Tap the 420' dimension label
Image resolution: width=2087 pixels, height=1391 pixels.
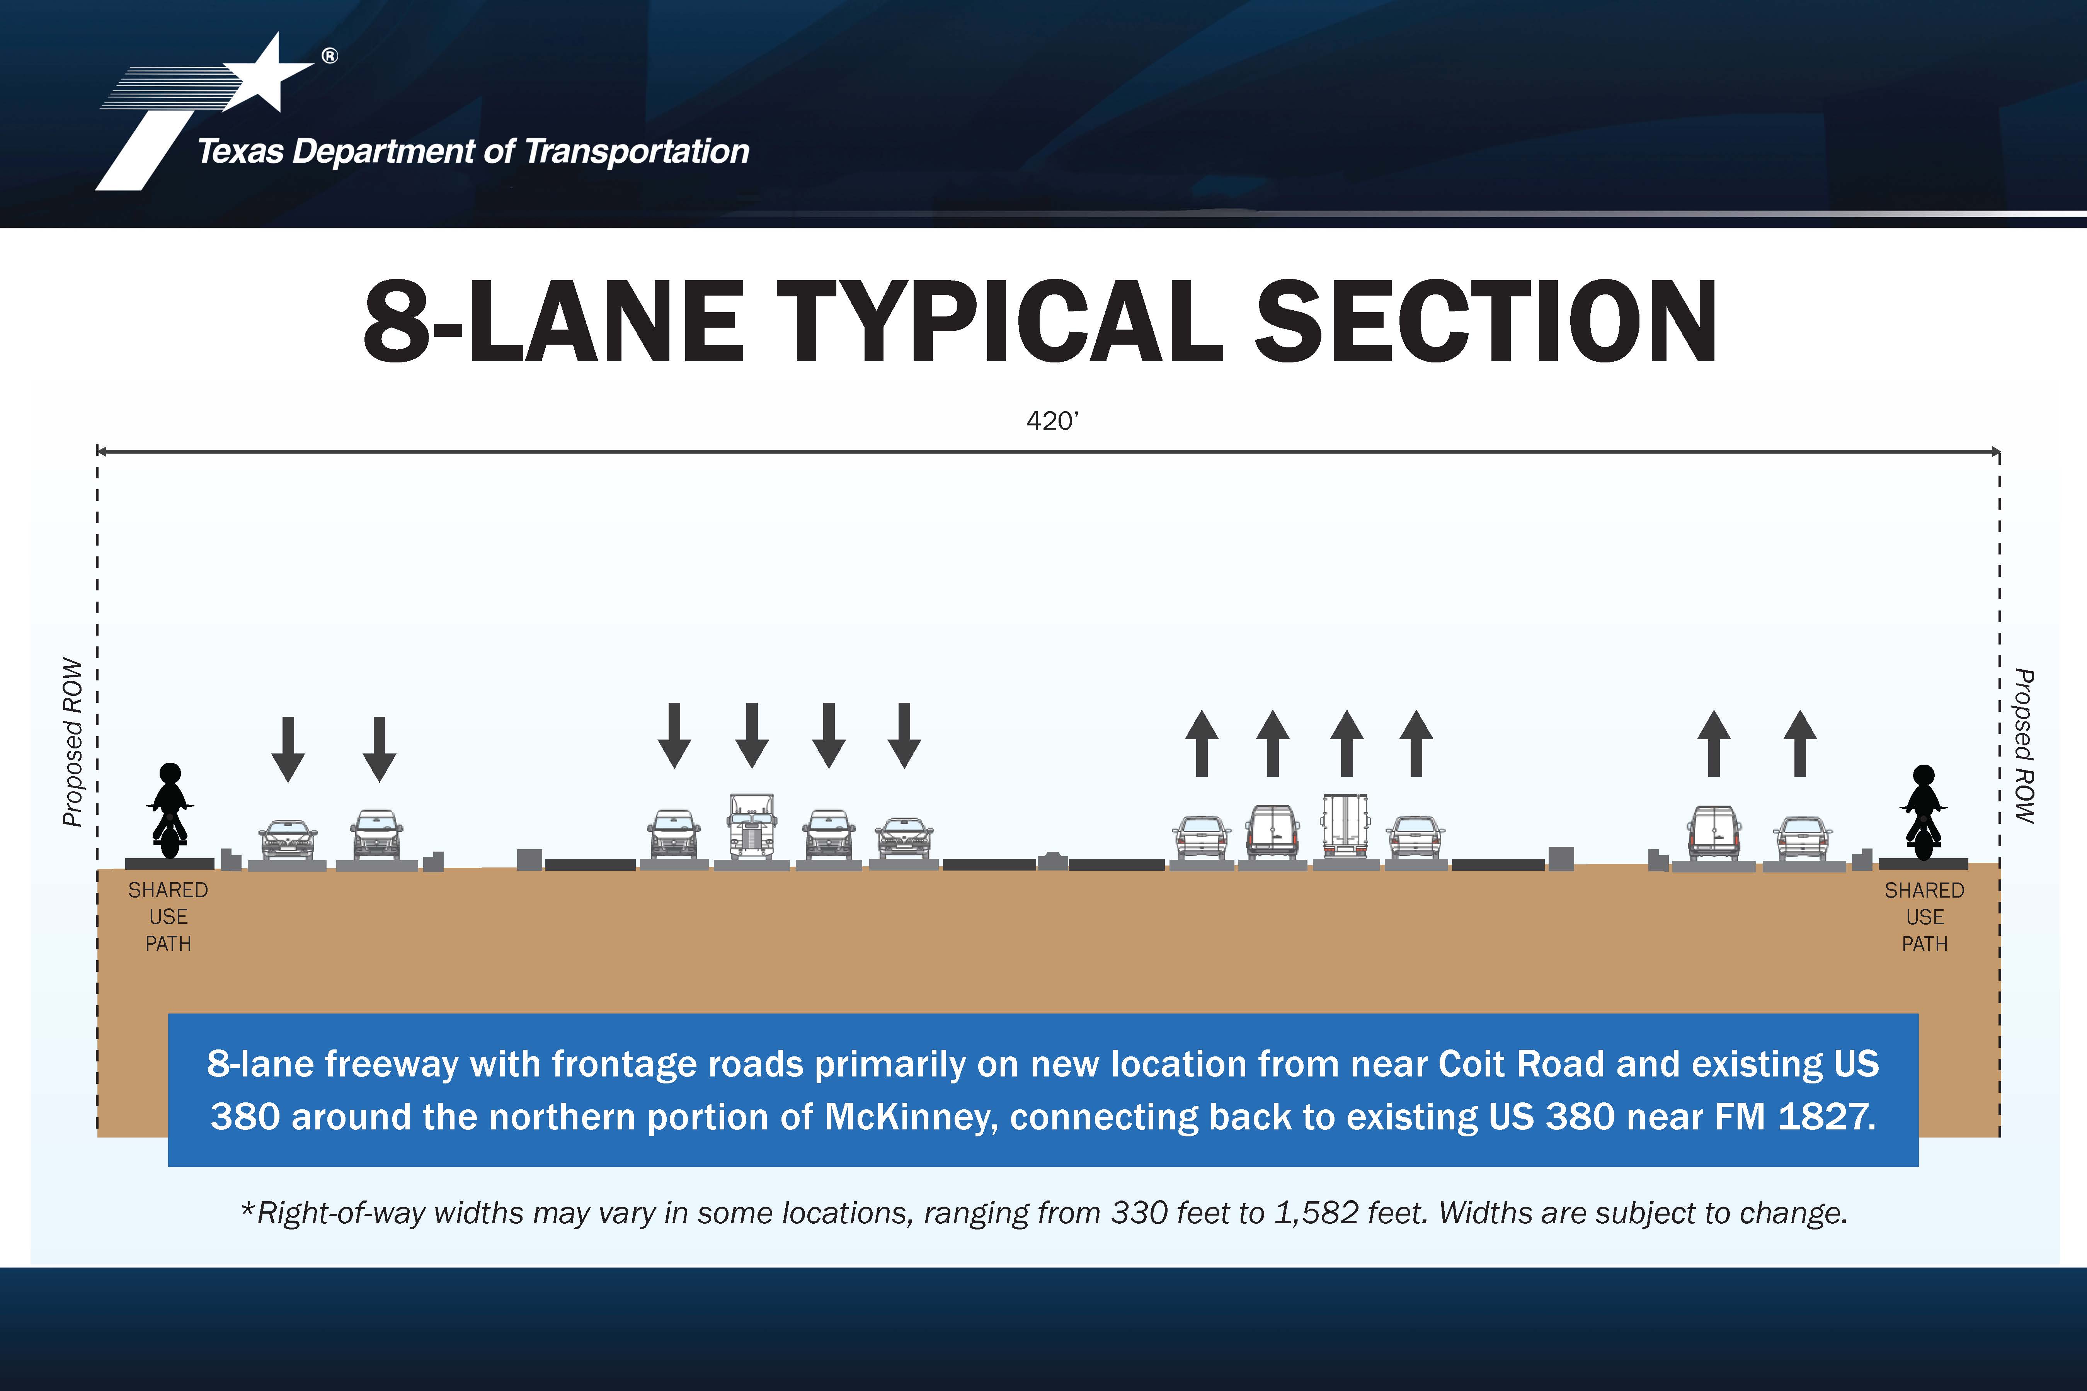tap(1052, 420)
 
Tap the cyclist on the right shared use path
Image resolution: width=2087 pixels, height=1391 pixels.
tap(1923, 812)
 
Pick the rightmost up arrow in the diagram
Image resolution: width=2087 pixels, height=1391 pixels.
tap(1800, 743)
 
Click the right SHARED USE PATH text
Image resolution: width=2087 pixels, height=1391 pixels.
tap(1925, 917)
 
